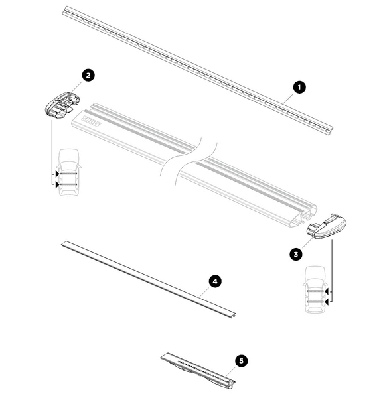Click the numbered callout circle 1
click(299, 86)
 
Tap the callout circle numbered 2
click(88, 75)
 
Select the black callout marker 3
click(297, 253)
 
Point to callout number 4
click(214, 281)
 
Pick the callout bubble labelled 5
click(242, 360)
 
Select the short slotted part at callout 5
click(198, 369)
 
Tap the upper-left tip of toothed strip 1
click(65, 9)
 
